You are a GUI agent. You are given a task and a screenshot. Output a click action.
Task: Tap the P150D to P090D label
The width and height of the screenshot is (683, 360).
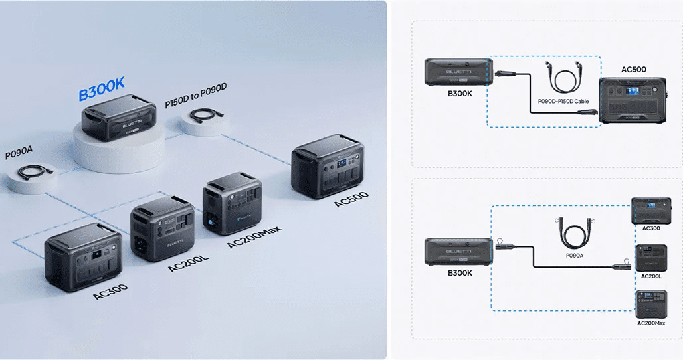point(196,96)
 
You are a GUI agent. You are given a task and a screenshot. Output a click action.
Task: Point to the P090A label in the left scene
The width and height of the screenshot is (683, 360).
point(19,153)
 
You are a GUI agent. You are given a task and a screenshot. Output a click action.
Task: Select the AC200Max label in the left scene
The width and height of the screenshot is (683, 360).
point(254,237)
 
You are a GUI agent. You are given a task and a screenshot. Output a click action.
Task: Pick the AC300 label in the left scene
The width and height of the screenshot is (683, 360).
point(110,292)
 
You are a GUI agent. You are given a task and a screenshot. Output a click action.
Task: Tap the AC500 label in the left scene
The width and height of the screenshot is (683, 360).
point(351,199)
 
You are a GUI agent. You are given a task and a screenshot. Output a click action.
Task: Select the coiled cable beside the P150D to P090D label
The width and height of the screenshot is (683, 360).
point(207,116)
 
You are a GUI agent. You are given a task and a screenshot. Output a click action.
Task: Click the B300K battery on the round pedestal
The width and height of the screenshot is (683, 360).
point(119,117)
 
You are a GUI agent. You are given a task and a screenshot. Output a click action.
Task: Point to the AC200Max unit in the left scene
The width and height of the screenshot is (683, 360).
point(232,203)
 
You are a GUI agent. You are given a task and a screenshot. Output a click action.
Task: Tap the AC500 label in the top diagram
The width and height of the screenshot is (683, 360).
point(634,69)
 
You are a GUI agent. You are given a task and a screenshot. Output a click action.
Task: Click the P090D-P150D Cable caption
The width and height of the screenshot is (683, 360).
point(563,102)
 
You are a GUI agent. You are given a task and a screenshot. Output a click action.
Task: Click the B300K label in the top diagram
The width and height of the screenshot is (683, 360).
point(460,93)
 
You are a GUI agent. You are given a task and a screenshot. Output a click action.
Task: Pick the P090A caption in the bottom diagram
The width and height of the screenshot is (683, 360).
point(575,256)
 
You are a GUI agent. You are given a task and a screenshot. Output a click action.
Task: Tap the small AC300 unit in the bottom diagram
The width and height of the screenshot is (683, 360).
point(651,211)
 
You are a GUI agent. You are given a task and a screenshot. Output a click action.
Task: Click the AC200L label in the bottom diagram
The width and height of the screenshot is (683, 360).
point(651,276)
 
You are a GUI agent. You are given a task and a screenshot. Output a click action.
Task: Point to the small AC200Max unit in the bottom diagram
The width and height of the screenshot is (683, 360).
point(651,304)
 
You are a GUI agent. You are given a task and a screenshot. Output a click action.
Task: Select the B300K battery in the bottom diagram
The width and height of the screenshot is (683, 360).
point(458,251)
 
